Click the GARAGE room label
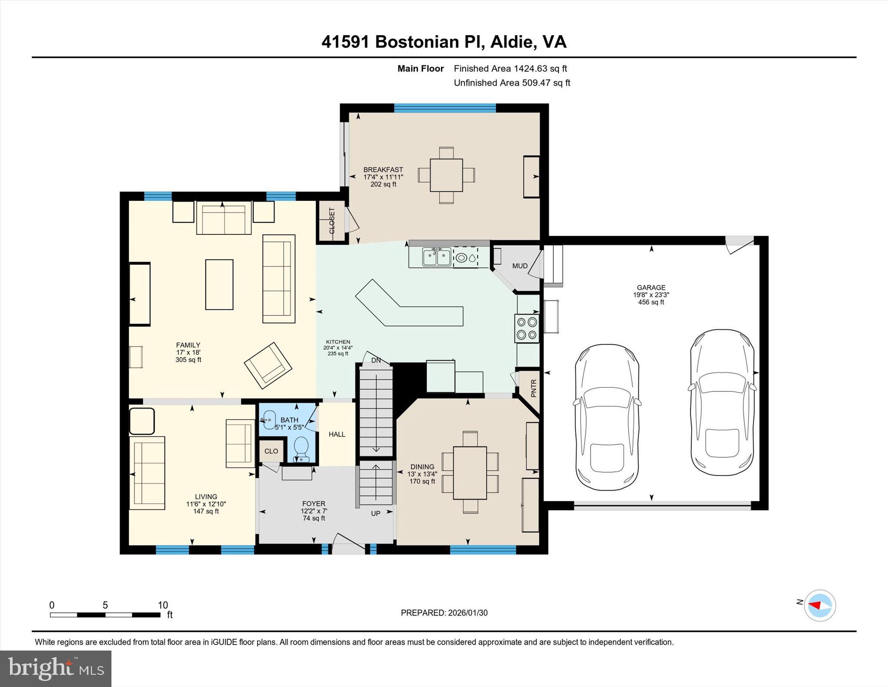[x=651, y=287]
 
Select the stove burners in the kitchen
[x=527, y=328]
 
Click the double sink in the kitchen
[x=437, y=257]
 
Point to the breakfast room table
[x=446, y=175]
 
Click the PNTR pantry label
[x=534, y=388]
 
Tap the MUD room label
[x=519, y=266]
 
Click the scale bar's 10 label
[x=163, y=605]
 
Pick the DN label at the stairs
[x=376, y=360]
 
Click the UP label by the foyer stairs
[x=375, y=513]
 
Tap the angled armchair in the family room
[x=268, y=365]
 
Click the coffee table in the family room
[x=219, y=284]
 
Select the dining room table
[x=470, y=473]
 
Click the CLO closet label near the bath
[x=271, y=451]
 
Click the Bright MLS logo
[x=55, y=668]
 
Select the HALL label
[x=337, y=434]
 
